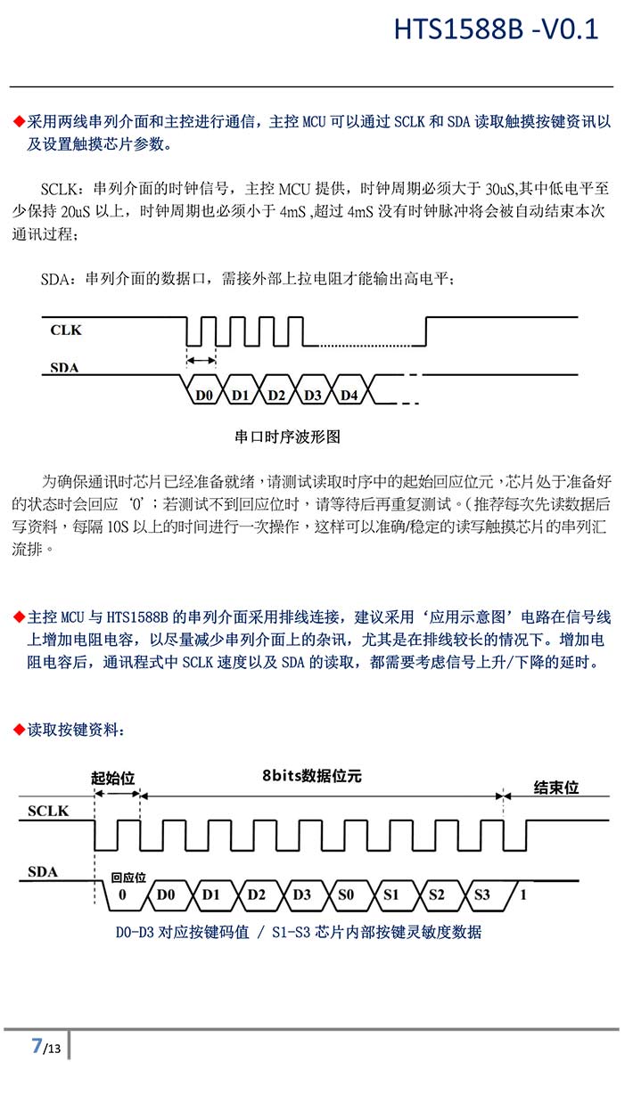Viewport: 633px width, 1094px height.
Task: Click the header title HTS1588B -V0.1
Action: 496,30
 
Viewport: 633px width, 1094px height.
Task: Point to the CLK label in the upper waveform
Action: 66,331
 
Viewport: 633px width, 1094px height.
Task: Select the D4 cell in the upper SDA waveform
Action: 349,395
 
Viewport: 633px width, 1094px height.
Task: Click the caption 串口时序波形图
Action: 287,437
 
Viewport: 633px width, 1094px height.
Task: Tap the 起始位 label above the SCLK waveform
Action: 113,779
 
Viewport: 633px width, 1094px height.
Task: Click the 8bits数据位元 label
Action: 311,776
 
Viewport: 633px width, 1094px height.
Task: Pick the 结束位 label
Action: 556,788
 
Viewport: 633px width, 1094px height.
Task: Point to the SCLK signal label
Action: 48,811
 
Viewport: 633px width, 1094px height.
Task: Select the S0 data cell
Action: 346,894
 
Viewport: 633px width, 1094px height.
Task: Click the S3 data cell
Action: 482,894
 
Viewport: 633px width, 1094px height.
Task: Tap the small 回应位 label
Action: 128,878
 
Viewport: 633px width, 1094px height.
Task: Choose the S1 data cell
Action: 391,894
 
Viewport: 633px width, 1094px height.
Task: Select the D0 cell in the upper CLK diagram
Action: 203,395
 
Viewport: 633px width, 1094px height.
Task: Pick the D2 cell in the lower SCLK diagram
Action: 256,894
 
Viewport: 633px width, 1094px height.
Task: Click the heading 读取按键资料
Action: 76,730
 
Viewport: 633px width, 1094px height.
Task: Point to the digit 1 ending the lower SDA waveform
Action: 522,894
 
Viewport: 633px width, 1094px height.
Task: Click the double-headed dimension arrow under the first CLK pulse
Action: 201,360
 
